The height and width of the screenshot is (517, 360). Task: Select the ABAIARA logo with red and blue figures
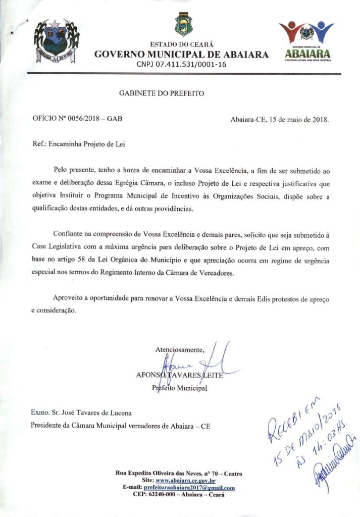click(306, 40)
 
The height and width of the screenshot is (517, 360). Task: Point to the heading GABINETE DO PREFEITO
click(162, 93)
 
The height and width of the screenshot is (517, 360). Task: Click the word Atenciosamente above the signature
click(180, 349)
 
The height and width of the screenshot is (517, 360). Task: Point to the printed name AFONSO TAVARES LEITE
click(180, 375)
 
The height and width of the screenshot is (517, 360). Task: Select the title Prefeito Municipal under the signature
click(179, 388)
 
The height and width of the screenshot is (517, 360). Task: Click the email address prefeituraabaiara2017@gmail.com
click(189, 488)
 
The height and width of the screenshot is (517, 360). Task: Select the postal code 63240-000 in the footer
click(167, 495)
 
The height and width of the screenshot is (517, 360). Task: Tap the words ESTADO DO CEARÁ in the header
click(181, 45)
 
